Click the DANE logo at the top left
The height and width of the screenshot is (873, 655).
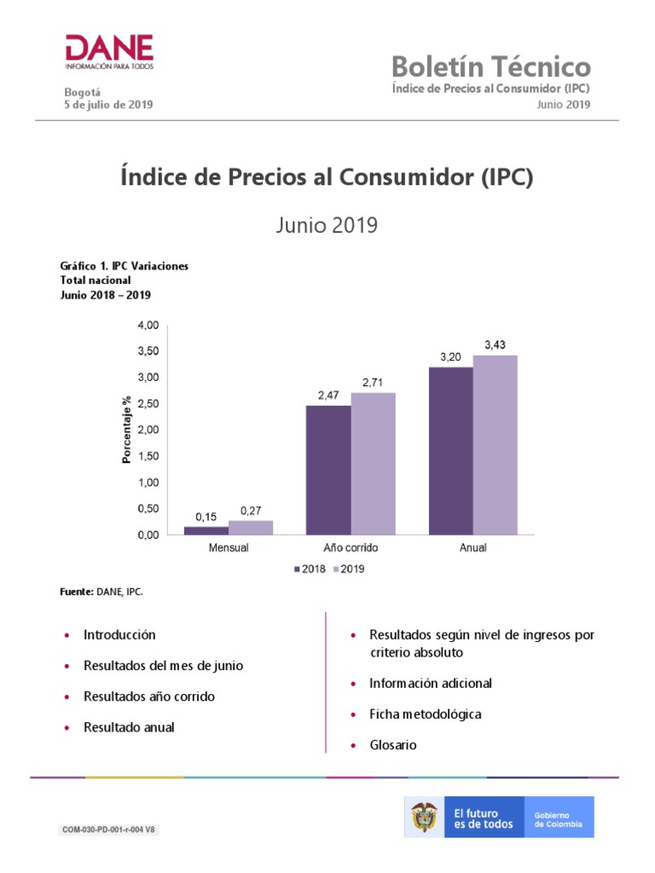pyautogui.click(x=109, y=53)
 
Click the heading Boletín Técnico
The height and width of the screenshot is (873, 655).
pyautogui.click(x=490, y=66)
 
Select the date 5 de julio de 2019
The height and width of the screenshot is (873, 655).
pyautogui.click(x=109, y=105)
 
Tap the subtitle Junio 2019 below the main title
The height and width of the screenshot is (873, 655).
pyautogui.click(x=327, y=225)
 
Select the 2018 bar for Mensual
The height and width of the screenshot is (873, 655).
pyautogui.click(x=206, y=530)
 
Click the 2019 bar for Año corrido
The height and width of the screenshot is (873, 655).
pyautogui.click(x=373, y=463)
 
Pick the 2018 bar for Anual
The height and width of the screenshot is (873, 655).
pyautogui.click(x=450, y=450)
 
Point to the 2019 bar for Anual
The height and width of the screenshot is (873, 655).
pyautogui.click(x=495, y=444)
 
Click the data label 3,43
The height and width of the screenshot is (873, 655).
pyautogui.click(x=495, y=344)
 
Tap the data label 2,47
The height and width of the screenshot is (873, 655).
pyautogui.click(x=328, y=395)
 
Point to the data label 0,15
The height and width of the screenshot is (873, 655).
pyautogui.click(x=206, y=516)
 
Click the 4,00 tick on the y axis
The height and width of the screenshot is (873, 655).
pyautogui.click(x=148, y=325)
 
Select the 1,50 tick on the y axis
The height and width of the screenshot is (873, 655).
pyautogui.click(x=148, y=456)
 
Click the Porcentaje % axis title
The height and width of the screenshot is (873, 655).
pyautogui.click(x=126, y=429)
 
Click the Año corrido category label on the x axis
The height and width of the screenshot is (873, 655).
pyautogui.click(x=351, y=547)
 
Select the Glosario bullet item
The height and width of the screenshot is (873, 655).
pyautogui.click(x=392, y=745)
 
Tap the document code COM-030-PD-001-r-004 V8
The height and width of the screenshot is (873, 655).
pyautogui.click(x=107, y=830)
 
